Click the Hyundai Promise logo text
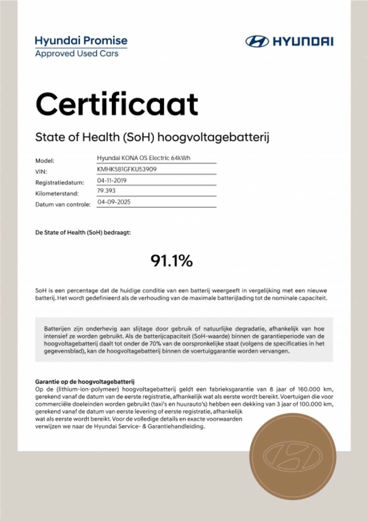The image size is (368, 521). (81, 41)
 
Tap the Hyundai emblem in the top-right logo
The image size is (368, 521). (257, 41)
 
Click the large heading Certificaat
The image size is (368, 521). (117, 104)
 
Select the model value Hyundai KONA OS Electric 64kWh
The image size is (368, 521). (143, 158)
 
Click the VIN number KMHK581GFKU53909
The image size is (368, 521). (127, 169)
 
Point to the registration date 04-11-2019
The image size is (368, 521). (112, 180)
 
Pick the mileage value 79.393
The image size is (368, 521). (106, 191)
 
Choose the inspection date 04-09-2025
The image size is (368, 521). (114, 202)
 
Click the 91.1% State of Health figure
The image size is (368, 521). (172, 261)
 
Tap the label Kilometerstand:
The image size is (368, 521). (57, 193)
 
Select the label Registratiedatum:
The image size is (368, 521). (60, 182)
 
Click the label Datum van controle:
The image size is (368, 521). (63, 205)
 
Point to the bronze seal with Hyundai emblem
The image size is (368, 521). (293, 456)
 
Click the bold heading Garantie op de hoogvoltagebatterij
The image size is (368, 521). (85, 382)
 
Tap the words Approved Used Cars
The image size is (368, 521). (77, 54)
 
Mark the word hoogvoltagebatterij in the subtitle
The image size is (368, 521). (213, 138)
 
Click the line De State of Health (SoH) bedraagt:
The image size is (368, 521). (83, 233)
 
